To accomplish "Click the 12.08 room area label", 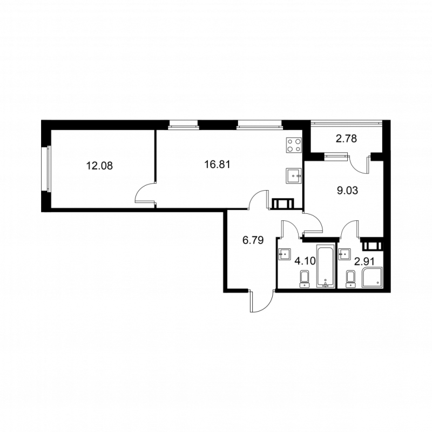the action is click(x=99, y=166).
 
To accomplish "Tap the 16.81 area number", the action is click(x=217, y=165).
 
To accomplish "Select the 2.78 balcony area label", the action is click(x=346, y=139).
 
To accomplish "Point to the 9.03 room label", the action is click(x=347, y=191).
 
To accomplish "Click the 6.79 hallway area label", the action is click(x=253, y=240).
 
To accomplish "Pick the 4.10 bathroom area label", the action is click(x=305, y=260).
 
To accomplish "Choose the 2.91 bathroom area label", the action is click(x=364, y=261).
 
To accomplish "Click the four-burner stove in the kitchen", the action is click(x=294, y=145).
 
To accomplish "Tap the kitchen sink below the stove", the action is click(x=294, y=176).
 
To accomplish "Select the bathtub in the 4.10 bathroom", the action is click(x=326, y=266).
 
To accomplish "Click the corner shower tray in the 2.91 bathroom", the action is click(x=372, y=277).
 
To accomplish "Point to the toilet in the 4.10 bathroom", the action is click(x=305, y=279).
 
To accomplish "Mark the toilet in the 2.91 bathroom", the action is click(x=350, y=279).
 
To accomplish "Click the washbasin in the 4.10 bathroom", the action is click(x=285, y=254).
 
